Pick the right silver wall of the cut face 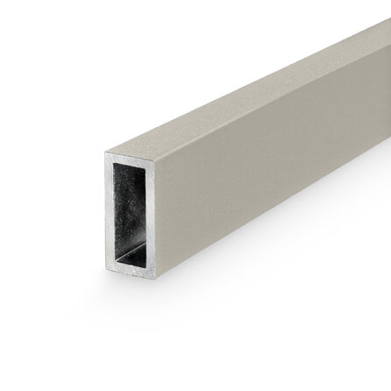pyautogui.click(x=162, y=219)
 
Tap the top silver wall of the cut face pyautogui.click(x=136, y=159)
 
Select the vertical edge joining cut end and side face pyautogui.click(x=167, y=219)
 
